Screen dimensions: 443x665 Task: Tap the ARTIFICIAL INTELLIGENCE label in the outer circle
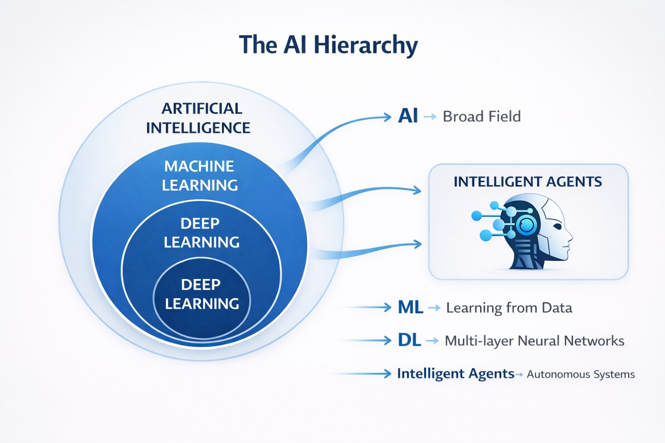pyautogui.click(x=198, y=118)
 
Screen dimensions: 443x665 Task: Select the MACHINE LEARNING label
pyautogui.click(x=199, y=175)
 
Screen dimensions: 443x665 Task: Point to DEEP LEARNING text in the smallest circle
pyautogui.click(x=202, y=294)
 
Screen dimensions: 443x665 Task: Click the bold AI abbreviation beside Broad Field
pyautogui.click(x=408, y=116)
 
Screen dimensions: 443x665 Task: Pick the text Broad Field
pyautogui.click(x=481, y=117)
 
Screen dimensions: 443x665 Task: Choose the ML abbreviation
pyautogui.click(x=410, y=307)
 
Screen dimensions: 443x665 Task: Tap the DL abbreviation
pyautogui.click(x=409, y=340)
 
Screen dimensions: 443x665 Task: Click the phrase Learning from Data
pyautogui.click(x=509, y=307)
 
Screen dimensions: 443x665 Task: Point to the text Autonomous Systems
pyautogui.click(x=581, y=374)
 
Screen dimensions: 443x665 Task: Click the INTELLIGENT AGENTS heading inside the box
pyautogui.click(x=528, y=182)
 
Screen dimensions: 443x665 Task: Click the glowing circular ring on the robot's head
pyautogui.click(x=526, y=225)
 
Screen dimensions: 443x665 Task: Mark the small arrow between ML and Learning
pyautogui.click(x=434, y=307)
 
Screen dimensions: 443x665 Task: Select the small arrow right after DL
pyautogui.click(x=432, y=341)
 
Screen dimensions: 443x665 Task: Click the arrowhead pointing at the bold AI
pyautogui.click(x=387, y=117)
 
